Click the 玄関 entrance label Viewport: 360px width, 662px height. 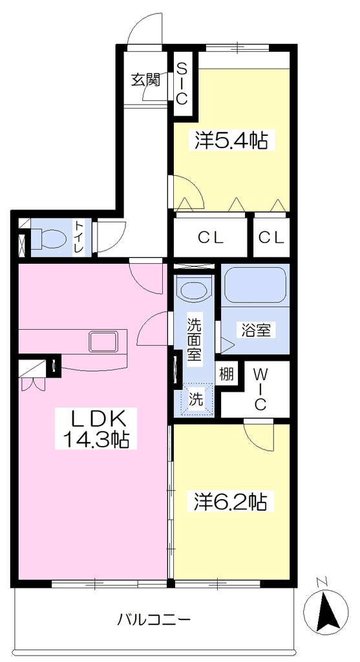click(x=145, y=80)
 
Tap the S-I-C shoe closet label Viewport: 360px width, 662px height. click(x=182, y=83)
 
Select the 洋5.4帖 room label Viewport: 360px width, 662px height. click(x=231, y=140)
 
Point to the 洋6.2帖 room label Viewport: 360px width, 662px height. click(x=231, y=501)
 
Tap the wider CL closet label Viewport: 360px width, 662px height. click(x=211, y=238)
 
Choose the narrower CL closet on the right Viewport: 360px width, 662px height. click(x=271, y=238)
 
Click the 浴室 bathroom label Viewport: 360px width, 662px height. click(x=255, y=329)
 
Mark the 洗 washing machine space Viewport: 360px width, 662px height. click(x=195, y=398)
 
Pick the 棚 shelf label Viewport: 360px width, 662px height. click(x=226, y=374)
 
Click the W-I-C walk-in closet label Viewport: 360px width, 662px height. click(x=260, y=389)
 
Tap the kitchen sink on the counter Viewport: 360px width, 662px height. click(x=103, y=342)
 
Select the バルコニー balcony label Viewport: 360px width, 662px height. click(x=154, y=620)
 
